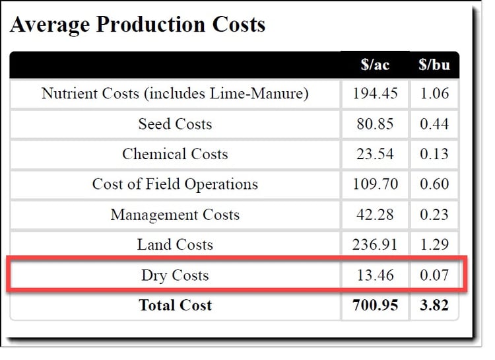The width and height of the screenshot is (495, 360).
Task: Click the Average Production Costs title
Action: click(138, 24)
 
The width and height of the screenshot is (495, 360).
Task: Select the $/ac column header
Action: click(375, 65)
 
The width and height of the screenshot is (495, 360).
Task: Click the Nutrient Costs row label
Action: click(175, 94)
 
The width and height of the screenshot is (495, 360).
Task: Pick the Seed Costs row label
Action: click(175, 124)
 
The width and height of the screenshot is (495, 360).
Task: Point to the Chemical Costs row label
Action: click(175, 155)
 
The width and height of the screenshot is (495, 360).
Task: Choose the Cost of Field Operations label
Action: click(175, 184)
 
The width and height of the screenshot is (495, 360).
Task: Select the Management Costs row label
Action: click(175, 215)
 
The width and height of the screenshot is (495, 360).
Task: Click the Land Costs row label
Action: click(175, 245)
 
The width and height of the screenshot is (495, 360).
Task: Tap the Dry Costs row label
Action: click(175, 275)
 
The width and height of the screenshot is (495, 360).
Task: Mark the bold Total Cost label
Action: click(175, 305)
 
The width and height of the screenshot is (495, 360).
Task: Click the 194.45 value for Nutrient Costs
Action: click(375, 94)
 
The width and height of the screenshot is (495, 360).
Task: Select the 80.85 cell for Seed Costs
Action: click(375, 124)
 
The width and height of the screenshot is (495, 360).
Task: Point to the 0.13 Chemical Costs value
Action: click(434, 155)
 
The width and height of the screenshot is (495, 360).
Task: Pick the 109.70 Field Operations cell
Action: click(375, 184)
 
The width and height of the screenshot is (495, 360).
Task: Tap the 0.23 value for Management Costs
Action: click(434, 215)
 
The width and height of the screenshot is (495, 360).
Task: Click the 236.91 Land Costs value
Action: click(375, 245)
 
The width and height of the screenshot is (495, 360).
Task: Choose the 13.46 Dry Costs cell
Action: click(375, 275)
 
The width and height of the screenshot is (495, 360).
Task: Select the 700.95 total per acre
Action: click(375, 305)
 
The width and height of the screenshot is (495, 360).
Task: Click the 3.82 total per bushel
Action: click(434, 305)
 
